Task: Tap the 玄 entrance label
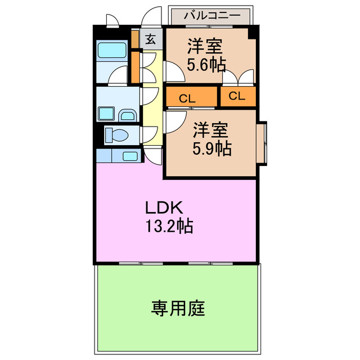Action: [x=151, y=39]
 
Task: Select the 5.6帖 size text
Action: [x=206, y=65]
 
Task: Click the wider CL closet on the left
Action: [x=191, y=97]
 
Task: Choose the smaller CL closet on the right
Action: [x=237, y=96]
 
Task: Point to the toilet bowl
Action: [x=116, y=135]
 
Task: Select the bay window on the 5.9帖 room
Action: [x=262, y=143]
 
